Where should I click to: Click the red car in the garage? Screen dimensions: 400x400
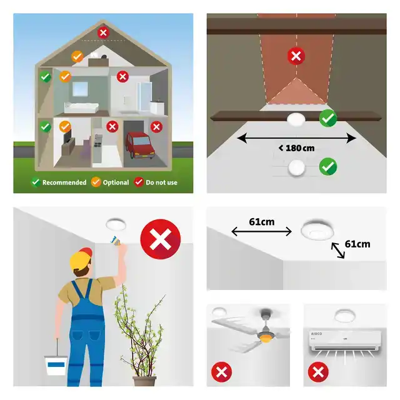(140, 145)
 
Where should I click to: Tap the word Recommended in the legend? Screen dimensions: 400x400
(64, 182)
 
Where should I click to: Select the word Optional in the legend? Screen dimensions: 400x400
(116, 182)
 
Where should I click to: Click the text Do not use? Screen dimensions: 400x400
(161, 182)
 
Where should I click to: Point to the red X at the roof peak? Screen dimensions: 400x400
(103, 32)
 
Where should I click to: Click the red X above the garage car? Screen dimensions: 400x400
(156, 127)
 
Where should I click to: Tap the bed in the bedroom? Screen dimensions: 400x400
(81, 107)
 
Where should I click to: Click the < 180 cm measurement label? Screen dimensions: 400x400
(296, 148)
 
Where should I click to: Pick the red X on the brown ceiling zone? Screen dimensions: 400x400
(296, 56)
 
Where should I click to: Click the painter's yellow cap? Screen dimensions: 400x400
(81, 258)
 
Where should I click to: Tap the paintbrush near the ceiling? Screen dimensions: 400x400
(116, 240)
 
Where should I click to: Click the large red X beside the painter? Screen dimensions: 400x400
(161, 239)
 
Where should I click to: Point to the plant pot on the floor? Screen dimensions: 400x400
(144, 381)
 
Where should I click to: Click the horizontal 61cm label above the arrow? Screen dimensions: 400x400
(262, 222)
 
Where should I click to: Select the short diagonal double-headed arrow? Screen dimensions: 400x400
(337, 250)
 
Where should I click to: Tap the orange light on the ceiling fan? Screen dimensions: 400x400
(266, 338)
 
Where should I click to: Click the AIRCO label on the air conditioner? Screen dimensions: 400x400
(316, 334)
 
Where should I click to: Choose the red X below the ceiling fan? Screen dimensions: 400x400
(221, 372)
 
